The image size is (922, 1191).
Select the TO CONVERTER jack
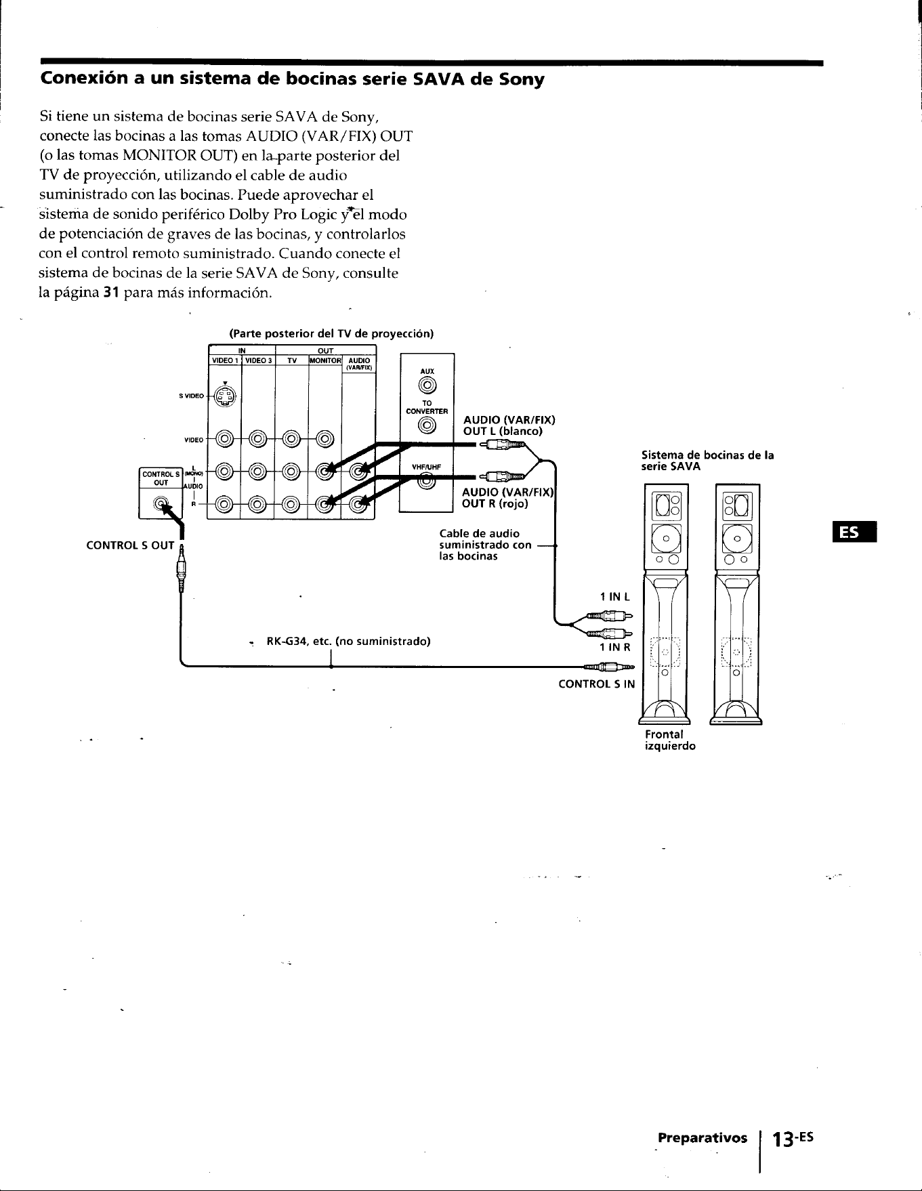coord(427,425)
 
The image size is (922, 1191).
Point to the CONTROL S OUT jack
coord(160,503)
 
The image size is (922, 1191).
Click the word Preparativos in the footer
coord(703,1137)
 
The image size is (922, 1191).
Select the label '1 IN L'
coord(615,597)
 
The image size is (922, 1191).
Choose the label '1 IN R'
coord(615,647)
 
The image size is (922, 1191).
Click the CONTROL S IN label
coord(597,684)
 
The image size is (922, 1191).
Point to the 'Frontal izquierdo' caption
coord(670,740)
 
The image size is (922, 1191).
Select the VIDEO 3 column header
coord(258,360)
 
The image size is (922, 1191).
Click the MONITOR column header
coord(325,360)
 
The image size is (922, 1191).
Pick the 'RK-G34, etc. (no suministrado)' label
coord(349,641)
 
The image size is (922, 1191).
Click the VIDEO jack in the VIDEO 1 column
coord(224,440)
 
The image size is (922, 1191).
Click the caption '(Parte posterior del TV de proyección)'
coord(331,334)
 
